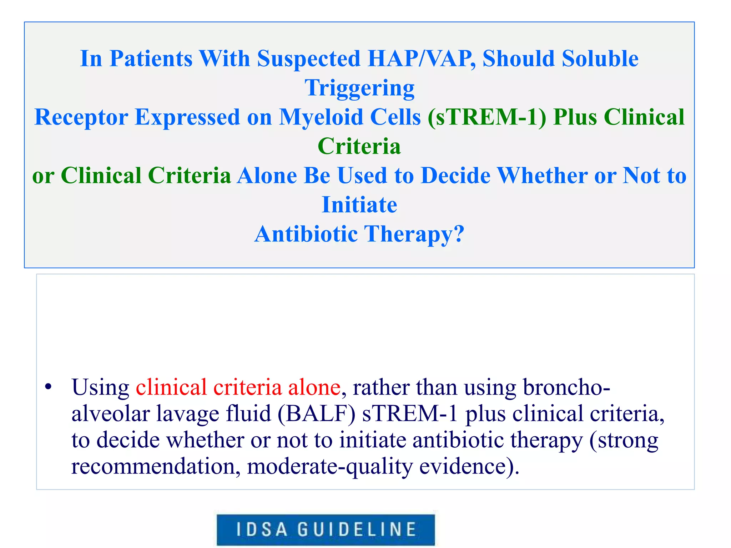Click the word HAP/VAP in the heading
(421, 59)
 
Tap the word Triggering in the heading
(359, 88)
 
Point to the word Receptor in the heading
(81, 117)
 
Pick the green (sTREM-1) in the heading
(487, 117)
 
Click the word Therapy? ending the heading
(414, 234)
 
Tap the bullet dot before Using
(49, 387)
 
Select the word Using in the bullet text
(100, 387)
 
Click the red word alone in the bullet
(314, 387)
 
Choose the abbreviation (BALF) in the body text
(316, 414)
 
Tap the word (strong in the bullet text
(624, 440)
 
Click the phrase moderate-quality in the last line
(329, 467)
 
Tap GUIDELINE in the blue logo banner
(357, 529)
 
